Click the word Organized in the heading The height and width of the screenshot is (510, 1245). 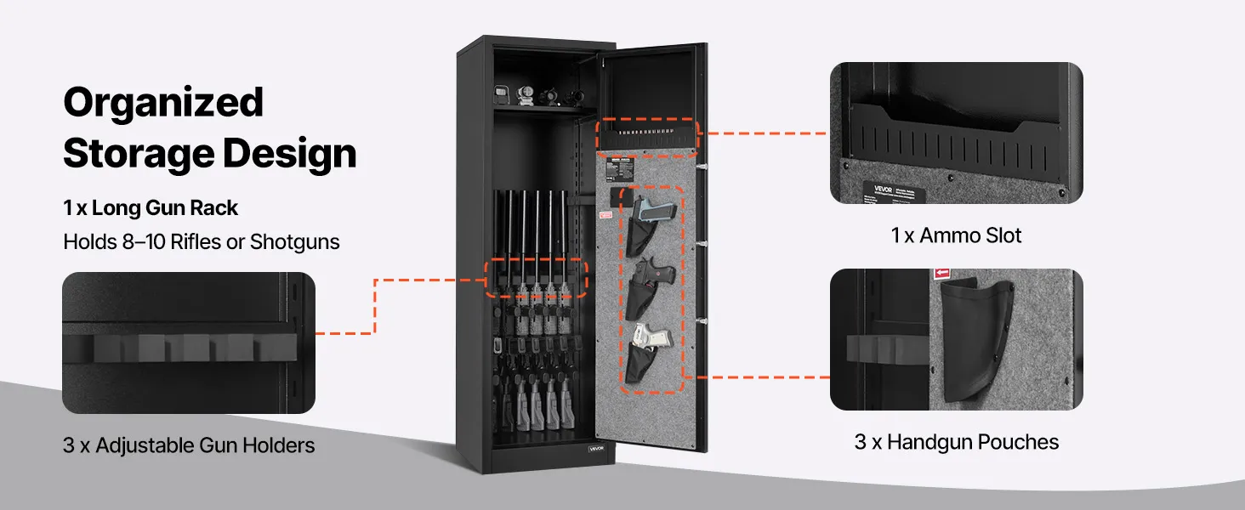pyautogui.click(x=163, y=103)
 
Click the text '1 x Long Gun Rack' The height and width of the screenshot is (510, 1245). pyautogui.click(x=151, y=208)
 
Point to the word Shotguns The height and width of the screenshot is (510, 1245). pyautogui.click(x=294, y=242)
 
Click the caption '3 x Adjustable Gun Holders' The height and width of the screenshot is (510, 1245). pyautogui.click(x=189, y=445)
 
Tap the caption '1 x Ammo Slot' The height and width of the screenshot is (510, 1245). pyautogui.click(x=956, y=235)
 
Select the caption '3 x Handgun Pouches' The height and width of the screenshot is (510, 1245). pyautogui.click(x=956, y=442)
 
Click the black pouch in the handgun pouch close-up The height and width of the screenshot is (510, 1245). pyautogui.click(x=973, y=340)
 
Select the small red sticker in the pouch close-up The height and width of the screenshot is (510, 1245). pyautogui.click(x=941, y=274)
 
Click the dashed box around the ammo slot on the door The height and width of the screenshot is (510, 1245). pyautogui.click(x=647, y=139)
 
